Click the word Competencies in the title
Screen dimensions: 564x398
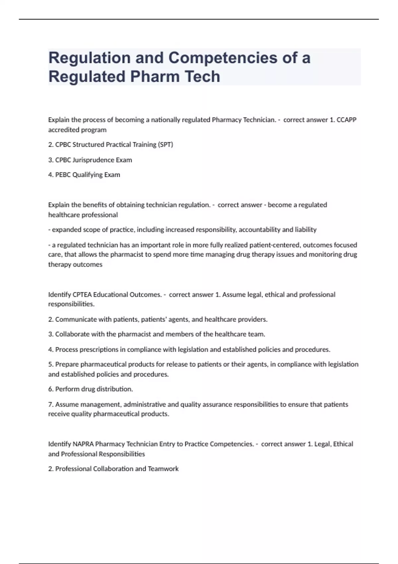[223, 58]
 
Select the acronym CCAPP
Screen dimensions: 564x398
[346, 120]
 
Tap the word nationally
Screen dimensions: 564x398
[164, 120]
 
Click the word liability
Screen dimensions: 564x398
[305, 230]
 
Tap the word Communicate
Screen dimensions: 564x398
[72, 319]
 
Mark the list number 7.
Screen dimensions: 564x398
[50, 404]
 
